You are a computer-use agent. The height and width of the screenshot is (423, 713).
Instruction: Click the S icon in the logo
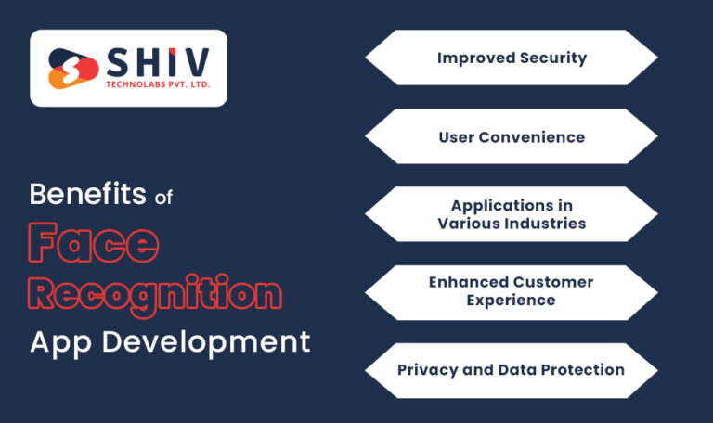click(x=72, y=69)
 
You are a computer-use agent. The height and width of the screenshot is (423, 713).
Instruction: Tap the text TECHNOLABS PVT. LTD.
click(x=155, y=86)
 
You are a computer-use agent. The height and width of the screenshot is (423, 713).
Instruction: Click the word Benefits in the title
click(x=87, y=195)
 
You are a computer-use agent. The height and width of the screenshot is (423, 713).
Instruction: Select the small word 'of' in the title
click(x=163, y=196)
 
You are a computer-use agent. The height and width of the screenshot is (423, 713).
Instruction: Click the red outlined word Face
click(x=93, y=244)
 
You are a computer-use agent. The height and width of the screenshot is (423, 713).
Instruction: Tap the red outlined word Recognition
click(x=154, y=293)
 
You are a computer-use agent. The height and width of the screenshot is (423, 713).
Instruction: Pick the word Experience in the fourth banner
click(x=512, y=301)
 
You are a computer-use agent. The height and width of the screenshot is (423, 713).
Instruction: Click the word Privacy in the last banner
click(x=426, y=369)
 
